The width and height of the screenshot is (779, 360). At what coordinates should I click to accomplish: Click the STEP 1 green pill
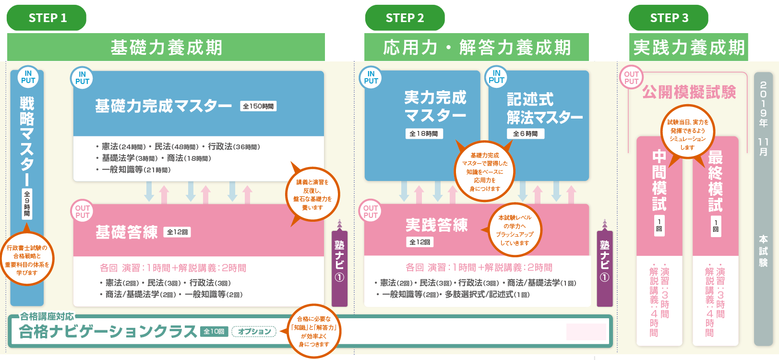tap(47, 18)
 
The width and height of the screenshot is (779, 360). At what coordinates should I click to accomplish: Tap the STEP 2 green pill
tap(405, 18)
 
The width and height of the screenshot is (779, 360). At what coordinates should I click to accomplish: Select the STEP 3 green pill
tap(669, 18)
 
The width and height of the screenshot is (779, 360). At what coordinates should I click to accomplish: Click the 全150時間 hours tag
tap(258, 106)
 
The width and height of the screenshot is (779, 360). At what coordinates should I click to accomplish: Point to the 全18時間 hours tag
tap(423, 134)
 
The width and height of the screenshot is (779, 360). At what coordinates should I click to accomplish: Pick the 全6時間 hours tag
tap(526, 134)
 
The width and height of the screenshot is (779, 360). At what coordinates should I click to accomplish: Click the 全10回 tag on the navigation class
tap(214, 331)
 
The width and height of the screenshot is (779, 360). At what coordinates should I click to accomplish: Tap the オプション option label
tap(254, 331)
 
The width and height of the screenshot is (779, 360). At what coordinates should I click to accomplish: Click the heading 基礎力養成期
tap(166, 48)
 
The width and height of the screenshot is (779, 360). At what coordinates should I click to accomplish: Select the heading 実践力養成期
tap(689, 48)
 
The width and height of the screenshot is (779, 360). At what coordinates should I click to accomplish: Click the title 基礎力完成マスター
tap(163, 106)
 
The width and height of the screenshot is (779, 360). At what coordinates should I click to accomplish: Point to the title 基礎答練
tap(127, 232)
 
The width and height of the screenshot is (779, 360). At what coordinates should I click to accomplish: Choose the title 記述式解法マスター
tap(544, 108)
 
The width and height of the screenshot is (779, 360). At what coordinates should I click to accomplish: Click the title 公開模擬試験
tap(689, 92)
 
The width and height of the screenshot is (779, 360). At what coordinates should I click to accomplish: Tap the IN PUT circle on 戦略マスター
tap(28, 77)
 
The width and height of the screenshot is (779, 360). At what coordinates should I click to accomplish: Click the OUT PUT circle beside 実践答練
tap(371, 212)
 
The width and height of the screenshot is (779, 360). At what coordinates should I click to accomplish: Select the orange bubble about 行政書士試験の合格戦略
tap(27, 260)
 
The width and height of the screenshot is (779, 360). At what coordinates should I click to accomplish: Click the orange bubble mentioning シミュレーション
tap(688, 134)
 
